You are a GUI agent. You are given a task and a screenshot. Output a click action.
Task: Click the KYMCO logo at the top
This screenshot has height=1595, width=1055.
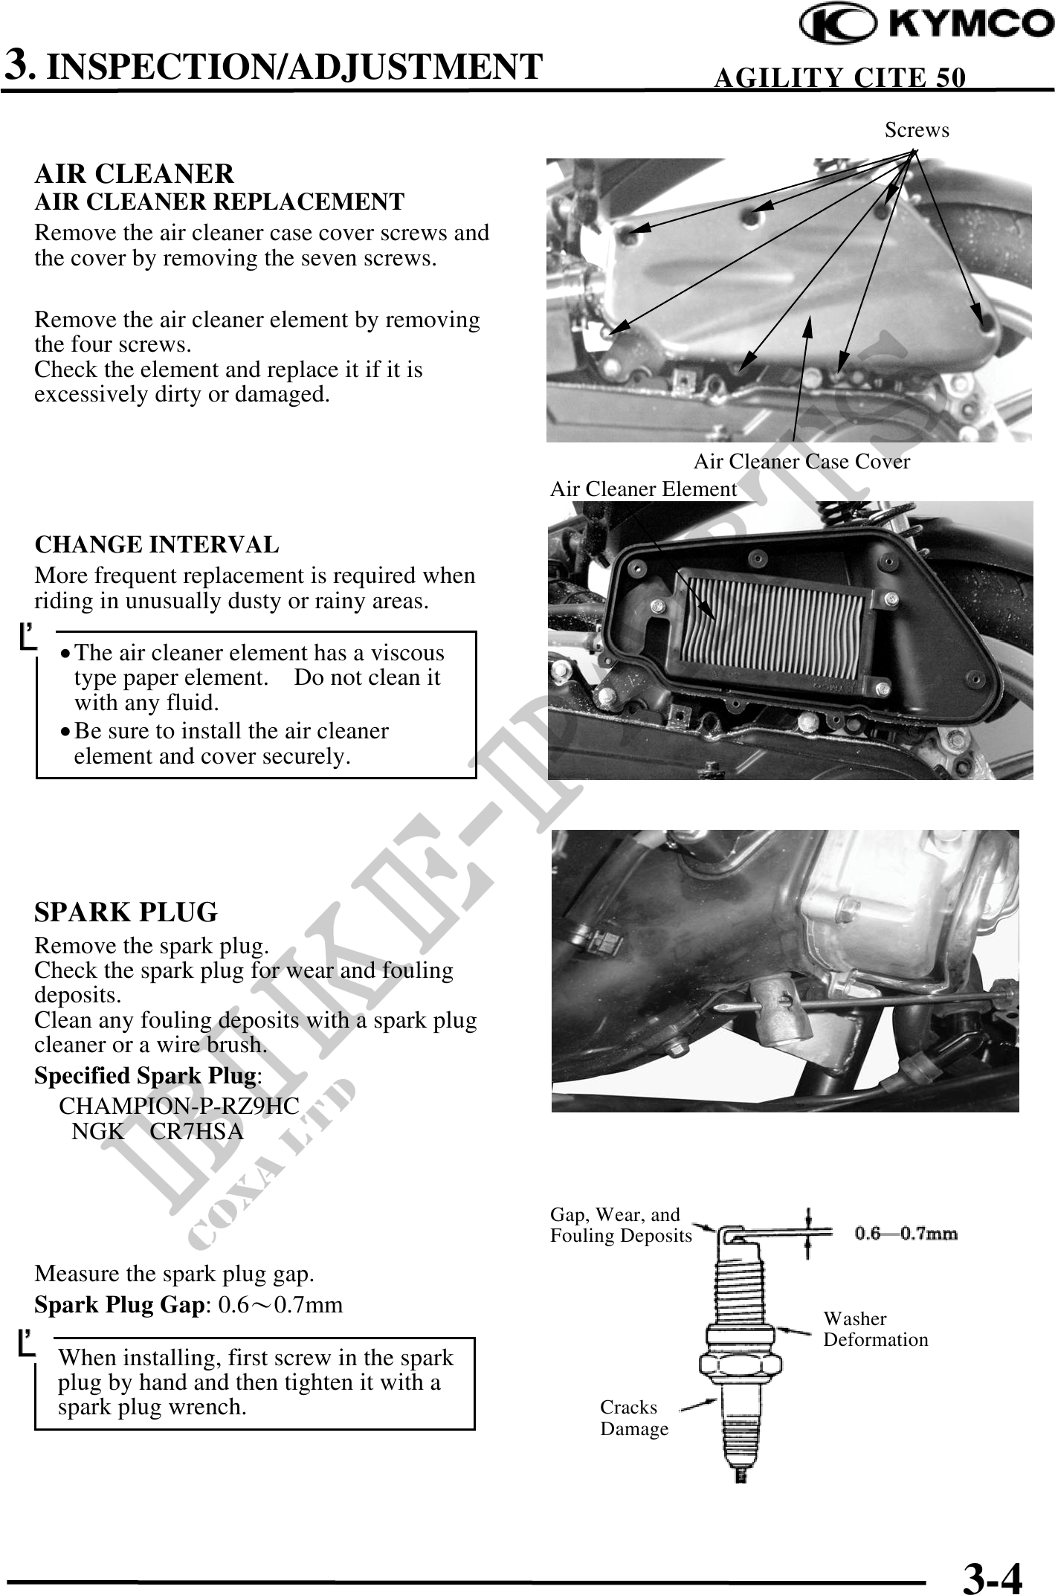point(926,25)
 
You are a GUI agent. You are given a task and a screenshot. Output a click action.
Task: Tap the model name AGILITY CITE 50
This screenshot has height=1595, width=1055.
point(839,77)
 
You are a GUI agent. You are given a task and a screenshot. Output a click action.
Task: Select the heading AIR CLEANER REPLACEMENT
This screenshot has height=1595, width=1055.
point(219,202)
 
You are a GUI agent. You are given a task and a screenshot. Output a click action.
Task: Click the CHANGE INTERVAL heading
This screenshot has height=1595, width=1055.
point(157,544)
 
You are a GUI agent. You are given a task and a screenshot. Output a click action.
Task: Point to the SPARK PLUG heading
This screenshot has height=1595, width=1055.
point(126,912)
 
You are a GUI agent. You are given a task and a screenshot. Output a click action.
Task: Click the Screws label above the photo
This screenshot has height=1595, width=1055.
point(916,130)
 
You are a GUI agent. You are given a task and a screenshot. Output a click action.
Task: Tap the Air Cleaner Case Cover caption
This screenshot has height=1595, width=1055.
point(801,462)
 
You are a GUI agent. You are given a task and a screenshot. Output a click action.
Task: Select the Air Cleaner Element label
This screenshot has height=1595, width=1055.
point(643,489)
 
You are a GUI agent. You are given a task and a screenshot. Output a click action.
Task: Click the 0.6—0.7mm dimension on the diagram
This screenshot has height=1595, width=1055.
point(906,1234)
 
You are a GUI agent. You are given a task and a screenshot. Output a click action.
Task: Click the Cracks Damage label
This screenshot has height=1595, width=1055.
point(633,1418)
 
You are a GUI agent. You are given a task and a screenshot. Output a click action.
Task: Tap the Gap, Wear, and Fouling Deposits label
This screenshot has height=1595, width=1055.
point(620,1225)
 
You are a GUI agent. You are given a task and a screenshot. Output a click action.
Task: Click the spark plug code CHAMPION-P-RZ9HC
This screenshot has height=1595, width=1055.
point(179,1106)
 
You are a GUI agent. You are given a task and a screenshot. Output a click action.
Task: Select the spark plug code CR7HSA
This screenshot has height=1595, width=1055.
point(197,1132)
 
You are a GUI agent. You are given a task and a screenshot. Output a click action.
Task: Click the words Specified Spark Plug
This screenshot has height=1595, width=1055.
point(145,1076)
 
